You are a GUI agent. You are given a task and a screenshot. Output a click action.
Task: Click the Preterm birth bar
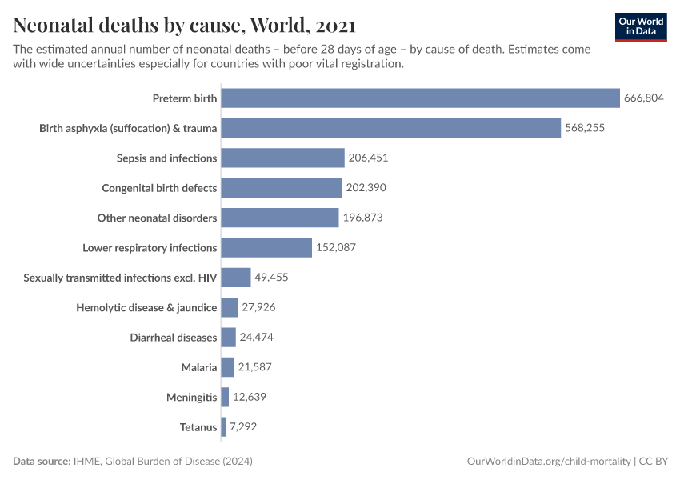pyautogui.click(x=420, y=98)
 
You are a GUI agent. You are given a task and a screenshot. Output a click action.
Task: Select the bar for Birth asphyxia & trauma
pyautogui.click(x=390, y=128)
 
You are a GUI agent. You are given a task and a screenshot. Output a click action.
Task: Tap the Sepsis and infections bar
pyautogui.click(x=282, y=158)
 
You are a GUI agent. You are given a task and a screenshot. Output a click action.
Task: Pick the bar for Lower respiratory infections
pyautogui.click(x=266, y=247)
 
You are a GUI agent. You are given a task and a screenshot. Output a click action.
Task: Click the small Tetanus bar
pyautogui.click(x=224, y=427)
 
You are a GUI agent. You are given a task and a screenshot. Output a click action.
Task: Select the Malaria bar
pyautogui.click(x=227, y=367)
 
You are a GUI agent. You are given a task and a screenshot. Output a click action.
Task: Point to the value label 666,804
pyautogui.click(x=644, y=98)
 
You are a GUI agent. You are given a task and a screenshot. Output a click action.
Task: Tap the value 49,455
pyautogui.click(x=271, y=278)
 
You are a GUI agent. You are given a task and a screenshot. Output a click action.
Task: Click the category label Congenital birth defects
pyautogui.click(x=159, y=188)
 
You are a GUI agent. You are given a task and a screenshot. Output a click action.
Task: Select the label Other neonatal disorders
pyautogui.click(x=157, y=218)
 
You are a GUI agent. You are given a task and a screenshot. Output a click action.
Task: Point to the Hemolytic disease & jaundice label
pyautogui.click(x=146, y=307)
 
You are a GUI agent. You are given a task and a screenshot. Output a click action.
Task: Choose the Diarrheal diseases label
pyautogui.click(x=173, y=338)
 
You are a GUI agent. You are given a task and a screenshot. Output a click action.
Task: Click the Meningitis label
pyautogui.click(x=191, y=398)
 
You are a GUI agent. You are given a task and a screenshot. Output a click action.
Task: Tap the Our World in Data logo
pyautogui.click(x=641, y=26)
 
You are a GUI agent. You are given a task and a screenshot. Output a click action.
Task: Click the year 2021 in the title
pyautogui.click(x=331, y=25)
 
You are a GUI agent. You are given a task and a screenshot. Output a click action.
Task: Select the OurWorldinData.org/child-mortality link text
pyautogui.click(x=548, y=462)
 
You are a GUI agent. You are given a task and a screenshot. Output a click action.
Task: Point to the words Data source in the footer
pyautogui.click(x=41, y=462)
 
